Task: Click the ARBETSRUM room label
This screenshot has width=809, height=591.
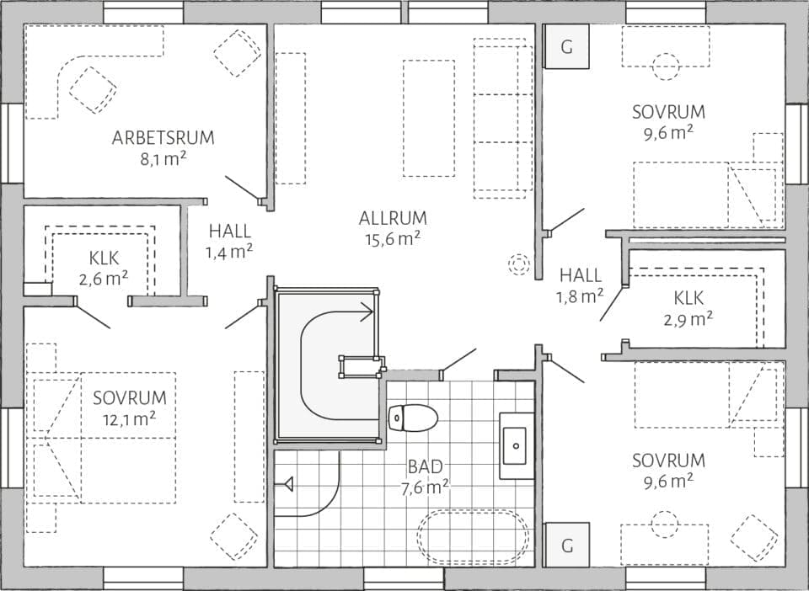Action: pyautogui.click(x=163, y=137)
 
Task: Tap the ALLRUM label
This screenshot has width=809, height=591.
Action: pyautogui.click(x=393, y=218)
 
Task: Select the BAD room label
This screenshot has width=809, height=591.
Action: pyautogui.click(x=426, y=466)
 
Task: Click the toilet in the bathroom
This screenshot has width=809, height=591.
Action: pyautogui.click(x=413, y=416)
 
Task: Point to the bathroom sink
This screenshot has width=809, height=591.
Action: pyautogui.click(x=515, y=445)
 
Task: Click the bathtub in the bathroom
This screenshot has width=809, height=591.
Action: pyautogui.click(x=473, y=536)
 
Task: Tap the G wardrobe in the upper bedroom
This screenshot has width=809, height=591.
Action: pyautogui.click(x=566, y=47)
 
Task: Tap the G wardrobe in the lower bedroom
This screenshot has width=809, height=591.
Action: pyautogui.click(x=566, y=546)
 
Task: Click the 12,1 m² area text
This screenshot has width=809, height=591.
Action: pyautogui.click(x=130, y=419)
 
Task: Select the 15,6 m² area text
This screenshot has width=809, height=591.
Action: pyautogui.click(x=393, y=239)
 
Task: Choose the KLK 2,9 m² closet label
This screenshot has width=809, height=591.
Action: pyautogui.click(x=688, y=297)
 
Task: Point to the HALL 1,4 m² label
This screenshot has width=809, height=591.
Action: pyautogui.click(x=230, y=231)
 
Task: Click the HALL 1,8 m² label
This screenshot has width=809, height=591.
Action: pyautogui.click(x=581, y=275)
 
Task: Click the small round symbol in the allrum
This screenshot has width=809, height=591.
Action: pyautogui.click(x=517, y=264)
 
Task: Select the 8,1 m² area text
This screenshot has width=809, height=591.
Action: pyautogui.click(x=163, y=158)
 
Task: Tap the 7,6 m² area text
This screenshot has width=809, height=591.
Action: pyautogui.click(x=426, y=487)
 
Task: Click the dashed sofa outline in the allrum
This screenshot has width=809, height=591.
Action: pyautogui.click(x=502, y=118)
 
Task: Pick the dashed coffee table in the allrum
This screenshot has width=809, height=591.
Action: pyautogui.click(x=428, y=118)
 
